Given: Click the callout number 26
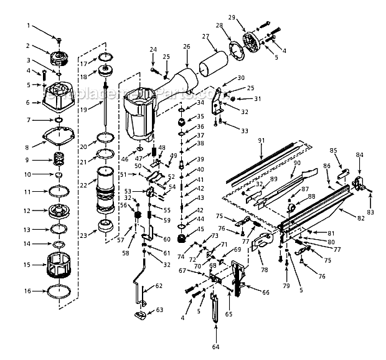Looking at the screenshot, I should [x=186, y=46].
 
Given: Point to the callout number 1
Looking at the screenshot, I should [x=28, y=26].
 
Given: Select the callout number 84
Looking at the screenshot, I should [x=359, y=155].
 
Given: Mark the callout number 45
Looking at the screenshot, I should [x=200, y=229].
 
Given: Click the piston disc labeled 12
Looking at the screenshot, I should [x=60, y=211].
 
